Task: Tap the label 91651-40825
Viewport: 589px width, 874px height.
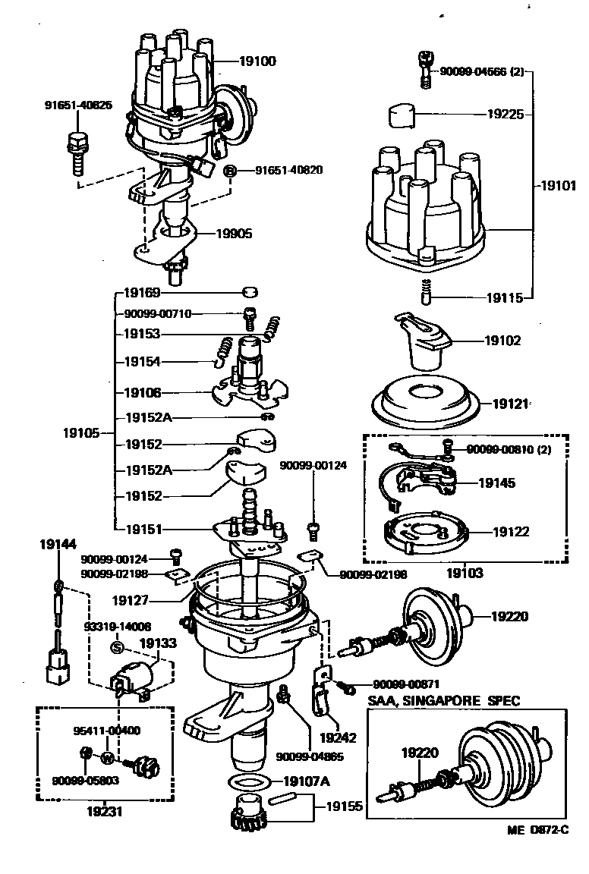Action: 78,105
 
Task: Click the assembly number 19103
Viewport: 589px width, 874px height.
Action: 467,574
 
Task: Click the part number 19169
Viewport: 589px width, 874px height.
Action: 143,291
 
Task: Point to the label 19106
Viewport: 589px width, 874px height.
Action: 143,393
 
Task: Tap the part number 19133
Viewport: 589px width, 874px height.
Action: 158,643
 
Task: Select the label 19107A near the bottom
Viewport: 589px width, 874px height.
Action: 305,781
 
